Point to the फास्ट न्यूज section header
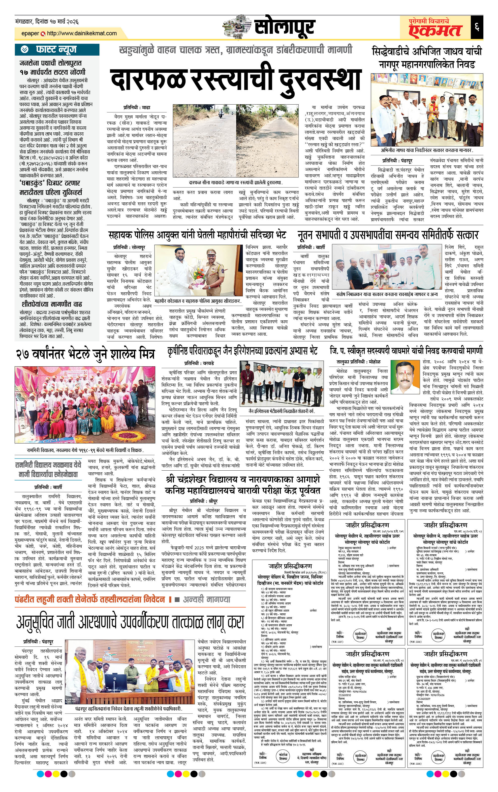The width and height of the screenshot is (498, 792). coord(56,50)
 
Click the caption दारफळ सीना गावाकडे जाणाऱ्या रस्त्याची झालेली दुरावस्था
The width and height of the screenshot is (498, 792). coord(236,182)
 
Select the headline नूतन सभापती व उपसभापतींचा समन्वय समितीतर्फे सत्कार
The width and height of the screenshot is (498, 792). coord(388,235)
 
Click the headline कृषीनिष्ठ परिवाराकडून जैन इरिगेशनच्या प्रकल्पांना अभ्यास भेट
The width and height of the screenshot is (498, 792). coord(242,351)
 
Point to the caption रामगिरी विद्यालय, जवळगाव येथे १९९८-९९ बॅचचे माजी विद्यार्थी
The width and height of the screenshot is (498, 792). coord(85,450)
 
